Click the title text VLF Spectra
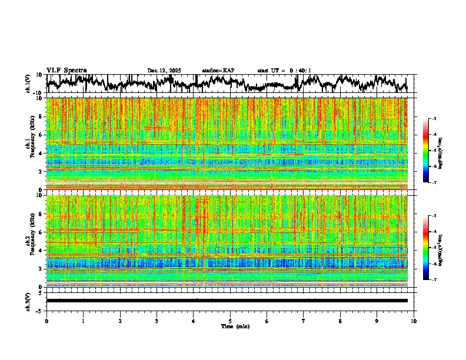click(x=66, y=71)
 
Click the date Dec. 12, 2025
click(x=164, y=71)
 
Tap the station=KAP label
click(x=218, y=71)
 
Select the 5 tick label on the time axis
click(x=230, y=321)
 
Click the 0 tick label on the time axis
click(x=46, y=321)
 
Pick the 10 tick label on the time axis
click(x=414, y=321)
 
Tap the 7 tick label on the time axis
click(x=304, y=321)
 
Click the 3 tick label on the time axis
click(x=157, y=321)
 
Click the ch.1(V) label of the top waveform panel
click(x=29, y=84)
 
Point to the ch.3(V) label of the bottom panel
click(x=29, y=301)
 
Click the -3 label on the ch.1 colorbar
click(x=435, y=119)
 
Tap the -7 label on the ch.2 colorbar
click(x=435, y=280)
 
